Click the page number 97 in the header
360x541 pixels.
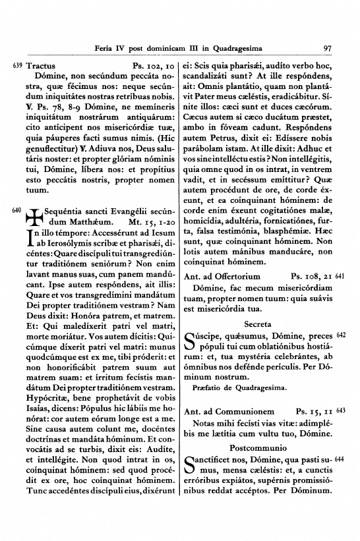pos(328,47)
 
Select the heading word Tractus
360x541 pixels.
pos(42,66)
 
